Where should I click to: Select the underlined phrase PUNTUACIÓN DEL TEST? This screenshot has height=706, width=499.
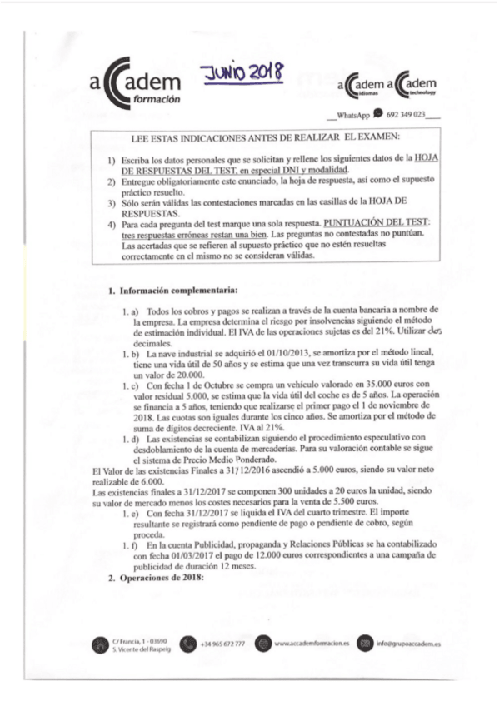[x=380, y=223]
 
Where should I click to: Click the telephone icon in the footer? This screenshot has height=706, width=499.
[x=185, y=644]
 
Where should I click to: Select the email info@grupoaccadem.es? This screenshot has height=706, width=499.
[x=409, y=644]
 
